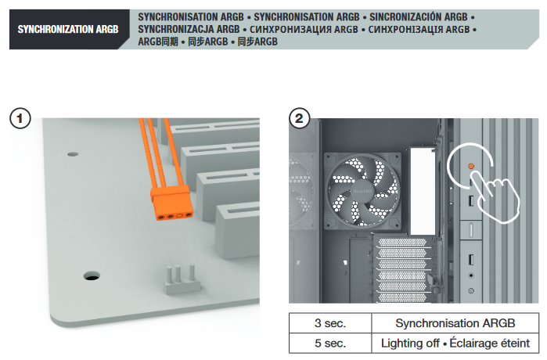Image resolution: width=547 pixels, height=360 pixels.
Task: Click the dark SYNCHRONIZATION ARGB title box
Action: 68,29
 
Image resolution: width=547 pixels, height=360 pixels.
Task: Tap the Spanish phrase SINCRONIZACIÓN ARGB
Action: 419,17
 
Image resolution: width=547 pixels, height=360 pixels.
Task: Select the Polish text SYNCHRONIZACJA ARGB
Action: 189,29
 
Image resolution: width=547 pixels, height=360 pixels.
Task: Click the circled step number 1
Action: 20,119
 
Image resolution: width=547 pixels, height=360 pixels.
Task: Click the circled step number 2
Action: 299,119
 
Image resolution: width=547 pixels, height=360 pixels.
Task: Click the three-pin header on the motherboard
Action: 182,279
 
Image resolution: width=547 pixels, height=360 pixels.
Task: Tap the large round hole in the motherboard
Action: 92,276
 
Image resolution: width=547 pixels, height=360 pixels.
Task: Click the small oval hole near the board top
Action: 73,154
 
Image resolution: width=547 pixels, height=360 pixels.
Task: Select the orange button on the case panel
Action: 471,167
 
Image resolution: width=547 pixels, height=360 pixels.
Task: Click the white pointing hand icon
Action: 497,196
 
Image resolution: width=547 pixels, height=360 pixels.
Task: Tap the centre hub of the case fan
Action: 362,191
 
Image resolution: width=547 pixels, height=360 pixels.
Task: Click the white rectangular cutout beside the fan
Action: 423,191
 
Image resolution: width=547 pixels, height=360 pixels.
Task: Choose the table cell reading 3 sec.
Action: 330,323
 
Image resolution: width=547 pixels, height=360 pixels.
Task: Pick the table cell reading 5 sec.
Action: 330,344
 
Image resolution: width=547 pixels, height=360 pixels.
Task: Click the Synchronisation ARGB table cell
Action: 455,323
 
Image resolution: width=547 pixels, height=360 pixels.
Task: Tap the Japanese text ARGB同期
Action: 158,41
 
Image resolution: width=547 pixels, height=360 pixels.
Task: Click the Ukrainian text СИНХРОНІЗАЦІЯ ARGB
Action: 419,29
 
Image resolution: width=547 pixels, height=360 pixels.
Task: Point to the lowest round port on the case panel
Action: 471,290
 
